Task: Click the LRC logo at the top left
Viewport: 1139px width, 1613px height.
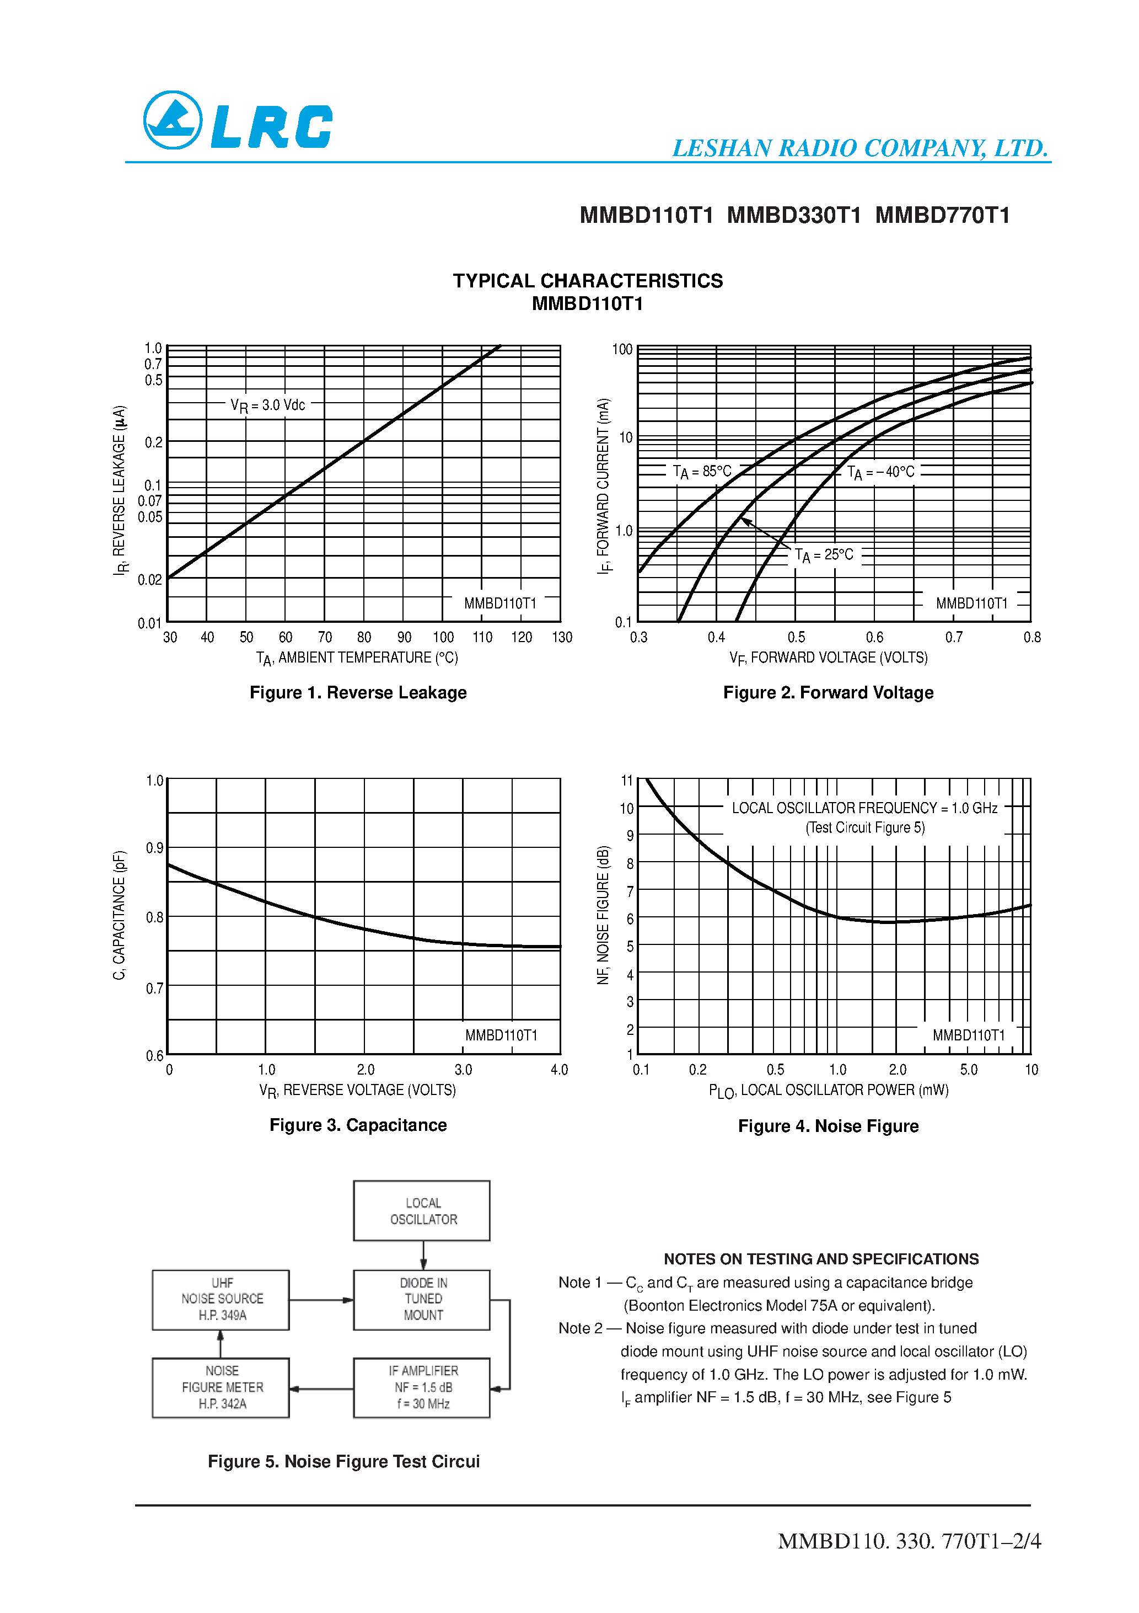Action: point(238,121)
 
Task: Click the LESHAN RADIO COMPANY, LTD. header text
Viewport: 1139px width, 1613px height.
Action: point(859,148)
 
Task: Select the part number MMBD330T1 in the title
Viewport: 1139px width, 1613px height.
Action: point(793,215)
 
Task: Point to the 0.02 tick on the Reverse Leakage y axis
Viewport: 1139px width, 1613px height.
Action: point(149,580)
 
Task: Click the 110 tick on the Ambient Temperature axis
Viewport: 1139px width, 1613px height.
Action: point(482,637)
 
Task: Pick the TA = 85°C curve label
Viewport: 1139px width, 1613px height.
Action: point(701,472)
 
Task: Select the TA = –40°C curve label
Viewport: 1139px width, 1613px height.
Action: point(880,472)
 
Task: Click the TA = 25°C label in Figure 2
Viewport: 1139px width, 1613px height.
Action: point(824,555)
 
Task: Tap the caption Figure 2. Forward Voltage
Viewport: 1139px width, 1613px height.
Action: point(828,693)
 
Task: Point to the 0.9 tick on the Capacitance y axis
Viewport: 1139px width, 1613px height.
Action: point(154,848)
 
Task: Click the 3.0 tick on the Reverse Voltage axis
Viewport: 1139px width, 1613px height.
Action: point(464,1070)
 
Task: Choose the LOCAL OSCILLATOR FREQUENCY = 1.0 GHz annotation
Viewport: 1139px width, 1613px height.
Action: point(864,808)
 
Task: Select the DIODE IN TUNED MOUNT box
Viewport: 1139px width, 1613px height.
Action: point(422,1300)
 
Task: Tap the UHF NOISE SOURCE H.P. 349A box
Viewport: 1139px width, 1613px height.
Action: point(221,1300)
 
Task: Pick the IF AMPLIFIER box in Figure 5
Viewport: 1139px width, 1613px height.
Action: point(422,1387)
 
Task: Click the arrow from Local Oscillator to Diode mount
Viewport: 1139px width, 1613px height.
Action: point(423,1256)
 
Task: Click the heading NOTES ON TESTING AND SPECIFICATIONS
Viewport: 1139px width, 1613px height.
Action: point(821,1259)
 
